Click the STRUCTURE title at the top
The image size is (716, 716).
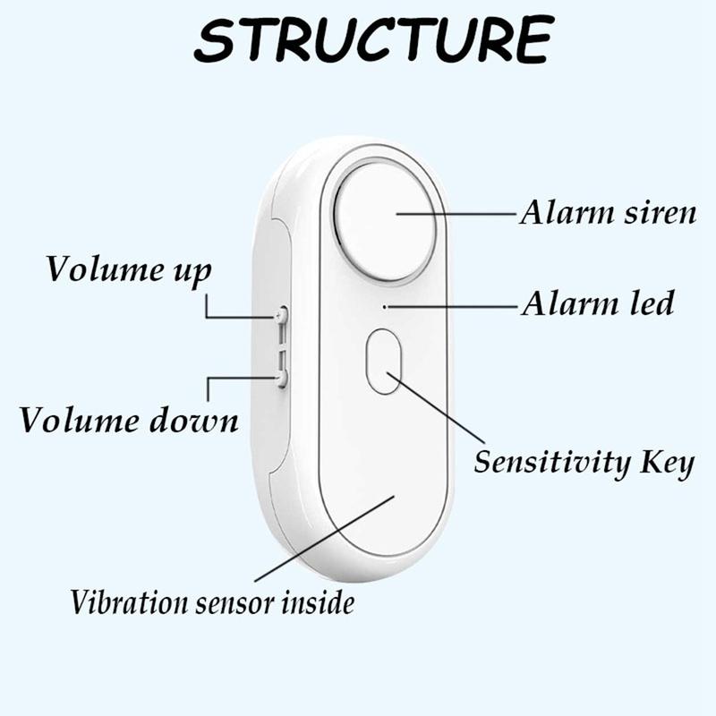(x=371, y=40)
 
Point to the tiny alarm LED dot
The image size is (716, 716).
(x=384, y=306)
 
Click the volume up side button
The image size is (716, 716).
(x=282, y=315)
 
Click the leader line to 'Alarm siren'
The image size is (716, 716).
(x=456, y=214)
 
